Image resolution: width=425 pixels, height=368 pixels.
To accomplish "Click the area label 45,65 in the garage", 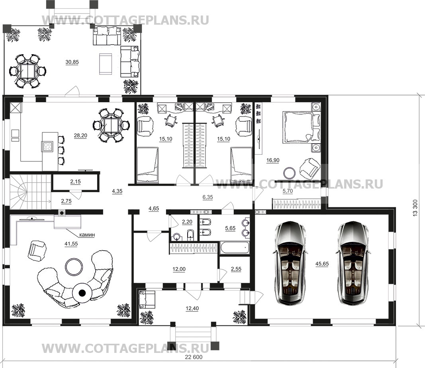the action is pyautogui.click(x=322, y=263).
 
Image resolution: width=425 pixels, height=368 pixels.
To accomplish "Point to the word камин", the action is pyautogui.click(x=87, y=235).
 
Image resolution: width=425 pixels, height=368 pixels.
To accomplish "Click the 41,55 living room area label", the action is pyautogui.click(x=71, y=244).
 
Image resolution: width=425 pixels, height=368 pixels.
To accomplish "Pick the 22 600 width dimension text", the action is pyautogui.click(x=194, y=357).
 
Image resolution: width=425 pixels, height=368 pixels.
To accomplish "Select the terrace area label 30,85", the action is pyautogui.click(x=72, y=62).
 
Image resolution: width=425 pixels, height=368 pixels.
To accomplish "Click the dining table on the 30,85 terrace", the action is pyautogui.click(x=27, y=71).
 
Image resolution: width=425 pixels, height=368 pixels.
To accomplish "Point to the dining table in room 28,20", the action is pyautogui.click(x=111, y=125).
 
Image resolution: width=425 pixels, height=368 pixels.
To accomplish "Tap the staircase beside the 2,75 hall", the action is pyautogui.click(x=30, y=192).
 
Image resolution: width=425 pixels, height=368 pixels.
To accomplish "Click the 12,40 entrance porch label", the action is pyautogui.click(x=192, y=308).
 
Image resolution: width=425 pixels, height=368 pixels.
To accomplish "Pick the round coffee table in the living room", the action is pyautogui.click(x=74, y=267).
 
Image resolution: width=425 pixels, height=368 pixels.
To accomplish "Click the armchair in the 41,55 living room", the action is pyautogui.click(x=37, y=251).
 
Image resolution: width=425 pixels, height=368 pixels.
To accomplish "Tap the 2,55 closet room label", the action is pyautogui.click(x=236, y=269).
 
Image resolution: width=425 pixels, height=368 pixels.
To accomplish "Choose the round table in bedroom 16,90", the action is pyautogui.click(x=290, y=173).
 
